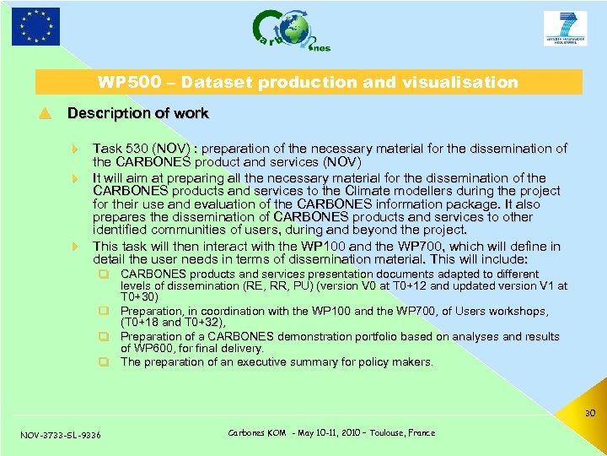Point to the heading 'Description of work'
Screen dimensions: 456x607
point(137,113)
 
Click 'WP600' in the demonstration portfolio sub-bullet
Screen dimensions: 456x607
point(153,349)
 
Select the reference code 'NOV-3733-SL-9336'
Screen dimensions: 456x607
point(60,435)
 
